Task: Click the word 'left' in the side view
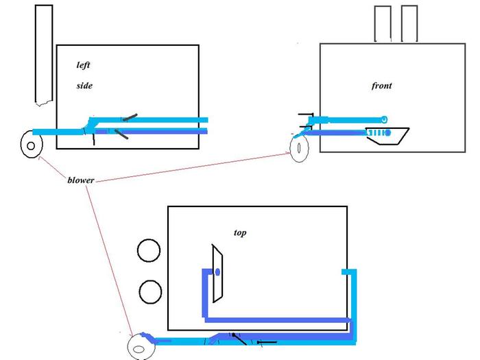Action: [83, 65]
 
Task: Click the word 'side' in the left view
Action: [84, 86]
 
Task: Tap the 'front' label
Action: [381, 86]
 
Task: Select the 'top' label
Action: [240, 233]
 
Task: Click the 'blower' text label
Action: [81, 180]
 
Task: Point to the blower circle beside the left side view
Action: [31, 145]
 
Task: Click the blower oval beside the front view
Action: [300, 150]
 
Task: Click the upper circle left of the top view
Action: [148, 251]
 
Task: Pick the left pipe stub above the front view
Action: [383, 24]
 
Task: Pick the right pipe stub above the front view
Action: [409, 24]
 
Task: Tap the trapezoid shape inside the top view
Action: [216, 273]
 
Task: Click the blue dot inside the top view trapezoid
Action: [217, 272]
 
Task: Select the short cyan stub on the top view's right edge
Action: [349, 272]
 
